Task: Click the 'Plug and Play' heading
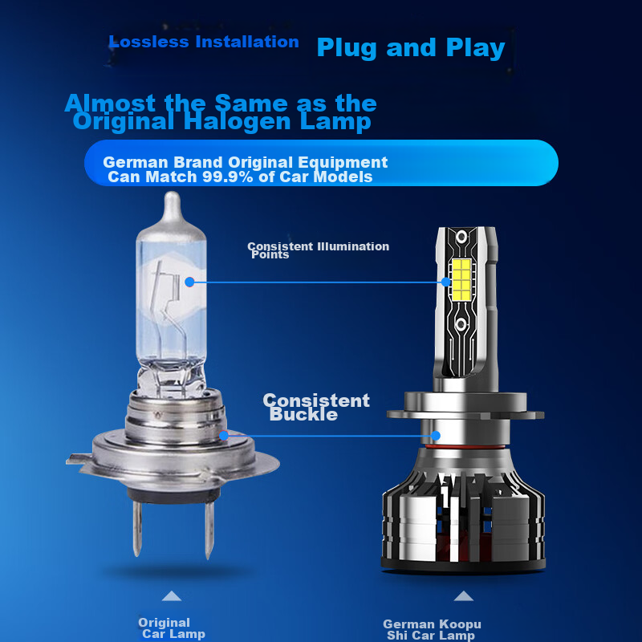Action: point(411,48)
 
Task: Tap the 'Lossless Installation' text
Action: point(204,42)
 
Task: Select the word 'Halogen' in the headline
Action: point(237,122)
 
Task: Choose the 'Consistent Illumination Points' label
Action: point(318,250)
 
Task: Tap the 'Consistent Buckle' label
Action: point(316,407)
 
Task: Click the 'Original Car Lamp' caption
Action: point(172,628)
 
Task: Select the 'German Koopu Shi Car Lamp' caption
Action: point(432,630)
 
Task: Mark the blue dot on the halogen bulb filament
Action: point(189,282)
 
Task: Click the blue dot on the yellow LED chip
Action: point(446,282)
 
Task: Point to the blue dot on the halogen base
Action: point(224,436)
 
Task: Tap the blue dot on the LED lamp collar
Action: point(436,436)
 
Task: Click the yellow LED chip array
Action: point(461,279)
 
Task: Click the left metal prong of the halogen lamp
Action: point(137,528)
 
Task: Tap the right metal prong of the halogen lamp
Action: point(209,530)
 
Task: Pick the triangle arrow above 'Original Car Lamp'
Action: point(172,595)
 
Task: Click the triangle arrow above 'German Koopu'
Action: point(464,595)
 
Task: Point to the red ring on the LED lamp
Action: point(465,447)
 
